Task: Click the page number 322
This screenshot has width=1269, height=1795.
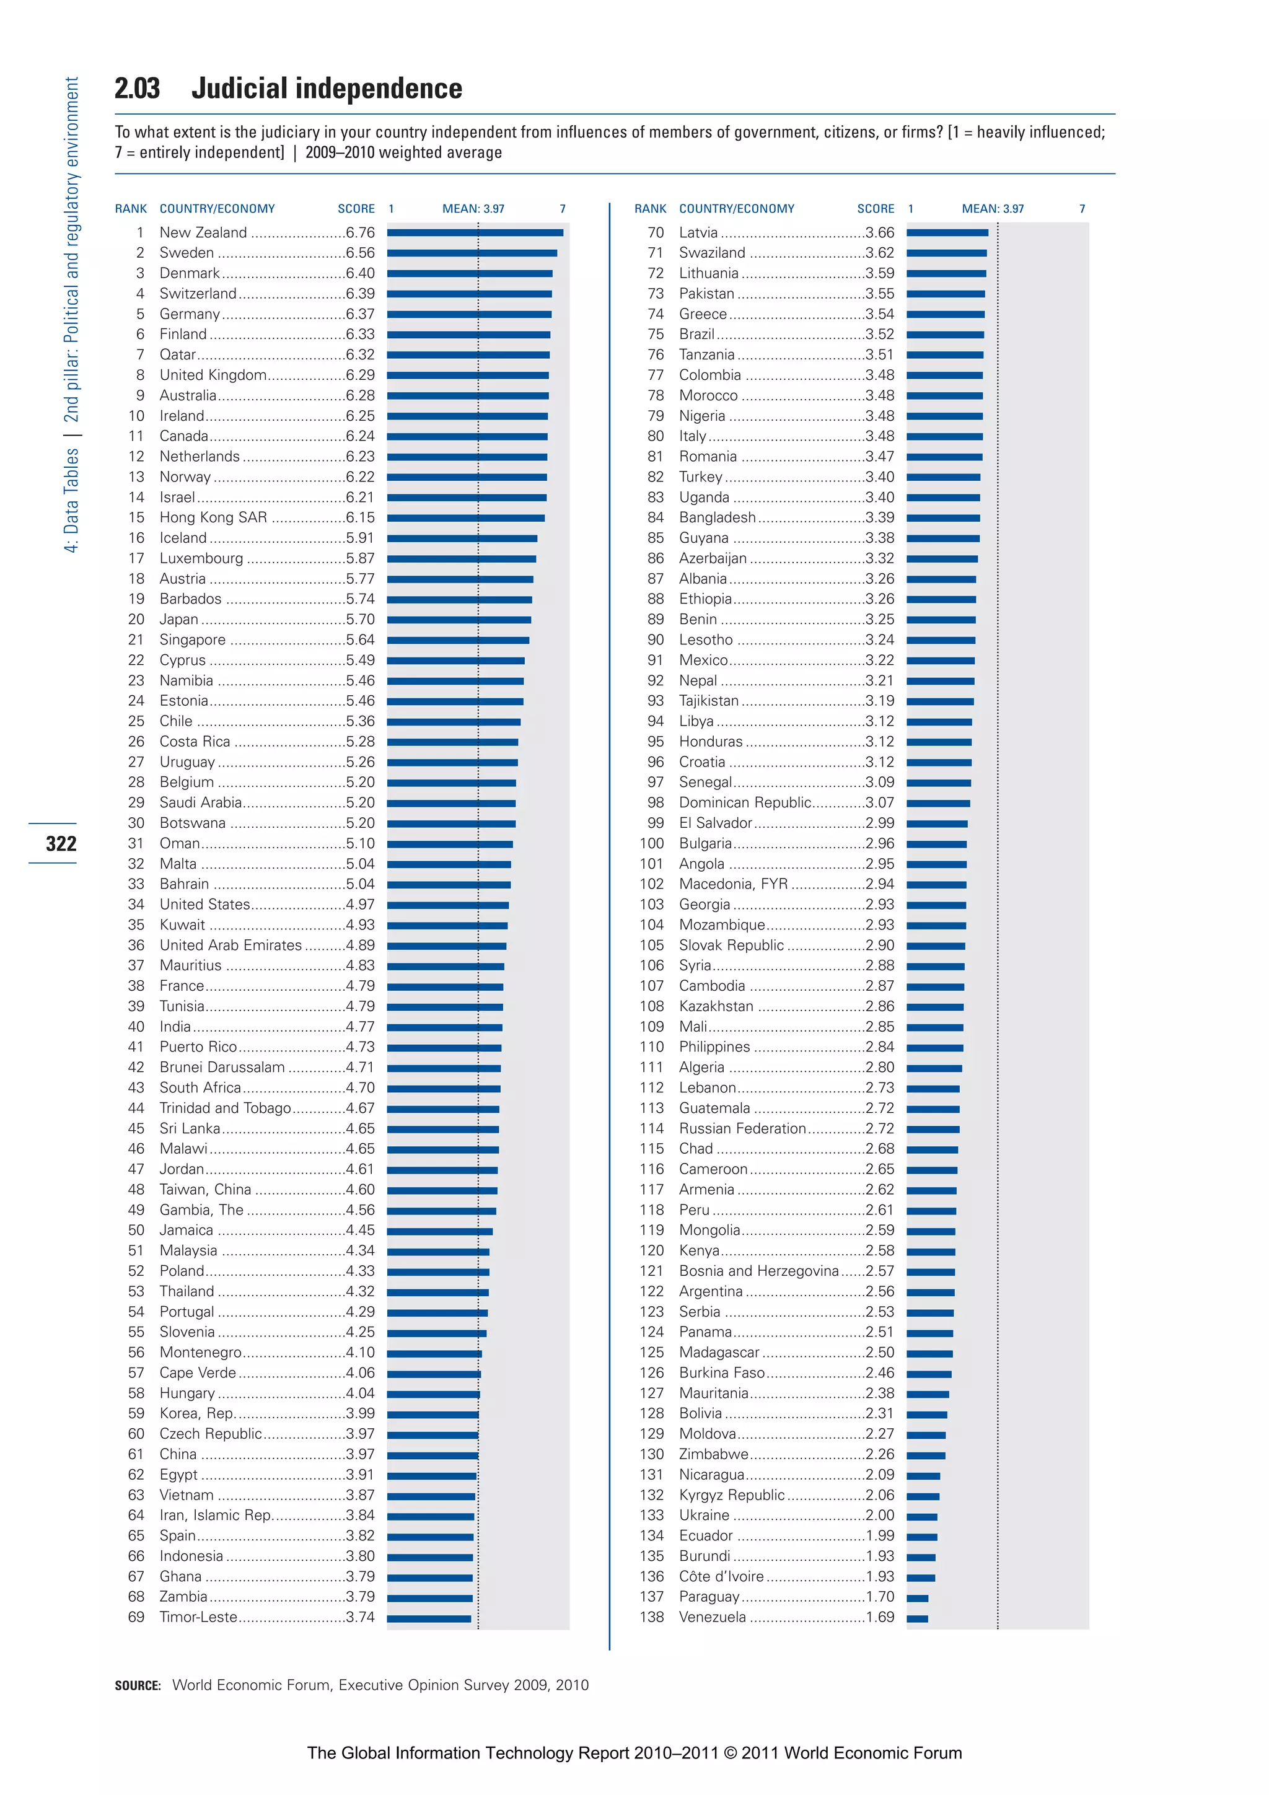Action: click(x=61, y=843)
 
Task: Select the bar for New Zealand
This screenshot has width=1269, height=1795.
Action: click(x=475, y=232)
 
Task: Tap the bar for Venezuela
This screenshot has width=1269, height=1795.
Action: click(x=917, y=1618)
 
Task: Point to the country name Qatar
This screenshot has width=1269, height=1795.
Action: click(x=177, y=355)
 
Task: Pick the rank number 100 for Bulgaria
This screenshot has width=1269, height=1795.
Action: click(x=651, y=843)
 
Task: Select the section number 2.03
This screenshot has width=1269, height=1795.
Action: click(x=137, y=89)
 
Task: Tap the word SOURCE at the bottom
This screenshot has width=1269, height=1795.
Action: click(x=138, y=1685)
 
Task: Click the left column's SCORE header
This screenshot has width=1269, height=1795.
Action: click(x=356, y=209)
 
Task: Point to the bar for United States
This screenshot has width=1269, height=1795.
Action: click(x=447, y=905)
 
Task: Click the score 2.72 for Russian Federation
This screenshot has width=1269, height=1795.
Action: click(x=880, y=1129)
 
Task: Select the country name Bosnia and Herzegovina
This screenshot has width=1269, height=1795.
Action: click(x=758, y=1271)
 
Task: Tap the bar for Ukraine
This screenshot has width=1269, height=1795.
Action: click(x=922, y=1517)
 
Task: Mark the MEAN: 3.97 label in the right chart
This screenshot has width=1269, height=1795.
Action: click(x=992, y=209)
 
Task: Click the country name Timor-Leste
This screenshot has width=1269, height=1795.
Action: click(x=198, y=1618)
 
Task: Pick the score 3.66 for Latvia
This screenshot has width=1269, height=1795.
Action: click(x=880, y=233)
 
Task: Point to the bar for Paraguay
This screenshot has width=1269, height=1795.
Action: click(x=917, y=1598)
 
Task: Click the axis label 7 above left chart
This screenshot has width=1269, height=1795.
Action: click(x=562, y=209)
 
